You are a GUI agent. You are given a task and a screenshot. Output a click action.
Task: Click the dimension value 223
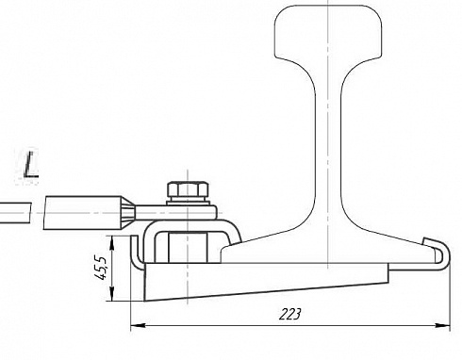point(289,314)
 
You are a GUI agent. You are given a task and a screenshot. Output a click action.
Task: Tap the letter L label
point(31,164)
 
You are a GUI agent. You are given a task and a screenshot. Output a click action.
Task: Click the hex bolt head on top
point(188,189)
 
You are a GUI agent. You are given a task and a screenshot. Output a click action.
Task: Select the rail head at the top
point(328,31)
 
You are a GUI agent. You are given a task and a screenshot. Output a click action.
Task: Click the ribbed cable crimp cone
point(128,213)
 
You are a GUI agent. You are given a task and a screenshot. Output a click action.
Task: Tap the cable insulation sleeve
point(82,213)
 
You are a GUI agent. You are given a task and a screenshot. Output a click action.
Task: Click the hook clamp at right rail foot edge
point(438,255)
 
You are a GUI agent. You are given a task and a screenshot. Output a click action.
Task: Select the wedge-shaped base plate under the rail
point(266,281)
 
